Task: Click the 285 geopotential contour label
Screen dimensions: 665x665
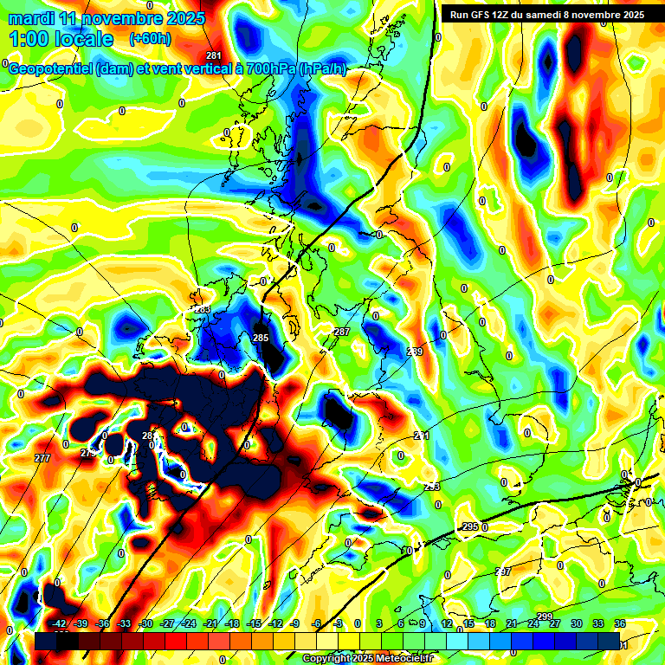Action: click(x=261, y=337)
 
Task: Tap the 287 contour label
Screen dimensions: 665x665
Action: click(x=342, y=332)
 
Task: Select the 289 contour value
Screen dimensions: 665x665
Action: click(x=415, y=352)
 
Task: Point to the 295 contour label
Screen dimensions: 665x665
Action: click(x=470, y=526)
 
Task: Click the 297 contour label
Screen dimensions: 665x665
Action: click(x=503, y=571)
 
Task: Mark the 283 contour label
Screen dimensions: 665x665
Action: click(x=202, y=309)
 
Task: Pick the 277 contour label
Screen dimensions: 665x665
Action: click(x=42, y=457)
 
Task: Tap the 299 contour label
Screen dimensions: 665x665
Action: click(x=545, y=616)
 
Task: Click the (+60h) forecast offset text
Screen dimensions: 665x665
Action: click(x=150, y=38)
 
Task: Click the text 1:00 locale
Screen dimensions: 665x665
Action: click(x=61, y=39)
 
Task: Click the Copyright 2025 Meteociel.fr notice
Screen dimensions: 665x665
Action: click(x=367, y=659)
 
